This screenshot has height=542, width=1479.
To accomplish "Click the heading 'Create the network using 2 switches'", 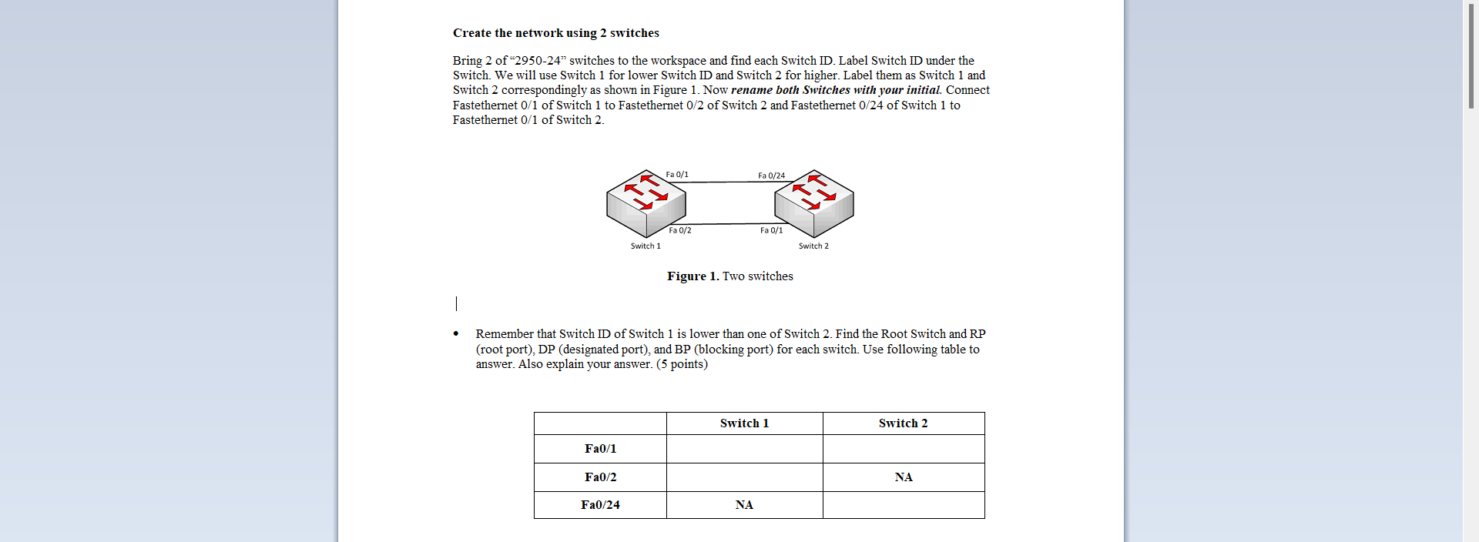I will pyautogui.click(x=555, y=33).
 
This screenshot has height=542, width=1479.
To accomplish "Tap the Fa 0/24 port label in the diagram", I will pyautogui.click(x=771, y=176).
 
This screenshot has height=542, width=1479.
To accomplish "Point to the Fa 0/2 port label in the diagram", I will pyautogui.click(x=679, y=230).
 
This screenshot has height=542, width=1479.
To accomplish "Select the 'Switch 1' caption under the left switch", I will pyautogui.click(x=646, y=246).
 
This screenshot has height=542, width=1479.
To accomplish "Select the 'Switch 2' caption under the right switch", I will pyautogui.click(x=813, y=246).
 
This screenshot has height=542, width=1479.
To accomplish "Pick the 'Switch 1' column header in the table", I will pyautogui.click(x=744, y=423).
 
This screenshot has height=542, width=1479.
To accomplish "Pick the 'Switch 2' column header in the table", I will pyautogui.click(x=903, y=423).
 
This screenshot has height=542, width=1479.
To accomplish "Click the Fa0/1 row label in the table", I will pyautogui.click(x=600, y=449).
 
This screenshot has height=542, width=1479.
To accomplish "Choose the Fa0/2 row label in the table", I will pyautogui.click(x=600, y=477).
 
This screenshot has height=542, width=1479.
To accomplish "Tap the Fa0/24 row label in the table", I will pyautogui.click(x=600, y=505).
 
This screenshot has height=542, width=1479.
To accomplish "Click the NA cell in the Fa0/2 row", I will pyautogui.click(x=904, y=477).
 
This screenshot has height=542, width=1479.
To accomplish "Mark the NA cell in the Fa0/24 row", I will pyautogui.click(x=744, y=505).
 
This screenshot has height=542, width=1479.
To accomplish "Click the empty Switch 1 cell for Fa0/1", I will pyautogui.click(x=744, y=449).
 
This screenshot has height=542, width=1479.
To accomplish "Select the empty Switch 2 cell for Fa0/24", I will pyautogui.click(x=904, y=505).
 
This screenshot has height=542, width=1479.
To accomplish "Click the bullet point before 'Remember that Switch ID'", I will pyautogui.click(x=456, y=334).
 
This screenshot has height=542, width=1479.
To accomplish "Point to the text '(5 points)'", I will pyautogui.click(x=682, y=364).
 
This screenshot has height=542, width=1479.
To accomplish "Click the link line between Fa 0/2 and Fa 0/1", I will pyautogui.click(x=728, y=224).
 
